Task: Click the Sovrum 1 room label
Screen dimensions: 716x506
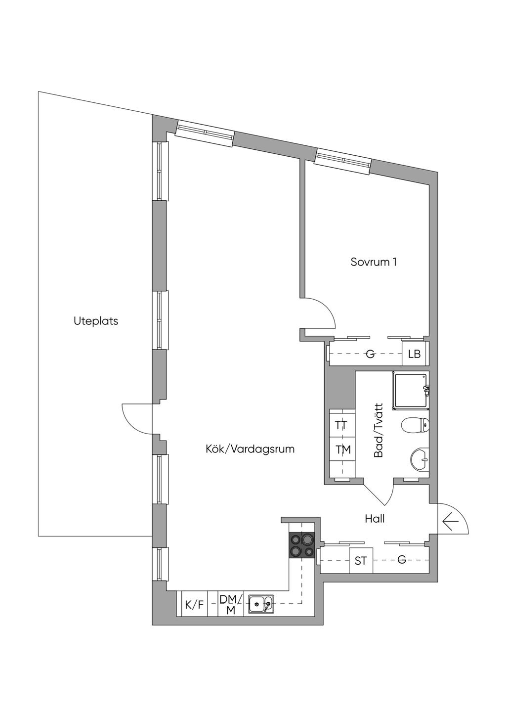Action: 374,262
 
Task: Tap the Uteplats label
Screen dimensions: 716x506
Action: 96,321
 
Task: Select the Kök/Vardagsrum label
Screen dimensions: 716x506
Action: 250,449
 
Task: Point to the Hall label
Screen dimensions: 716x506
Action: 375,519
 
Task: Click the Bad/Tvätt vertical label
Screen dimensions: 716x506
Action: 379,430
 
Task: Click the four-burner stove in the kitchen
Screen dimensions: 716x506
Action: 302,545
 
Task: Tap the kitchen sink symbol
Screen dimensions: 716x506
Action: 261,604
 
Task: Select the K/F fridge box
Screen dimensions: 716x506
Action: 194,604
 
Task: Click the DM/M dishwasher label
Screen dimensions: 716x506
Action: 231,604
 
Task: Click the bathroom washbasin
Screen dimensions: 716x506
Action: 420,459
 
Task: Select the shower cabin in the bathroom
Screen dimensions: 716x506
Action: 410,391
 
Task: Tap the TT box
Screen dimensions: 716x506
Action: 341,425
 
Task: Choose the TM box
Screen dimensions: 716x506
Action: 343,449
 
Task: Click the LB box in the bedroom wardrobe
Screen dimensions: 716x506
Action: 414,354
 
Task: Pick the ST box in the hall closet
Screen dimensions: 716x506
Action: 361,561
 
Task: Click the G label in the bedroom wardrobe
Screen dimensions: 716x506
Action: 370,354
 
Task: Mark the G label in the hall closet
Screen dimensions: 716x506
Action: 402,560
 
